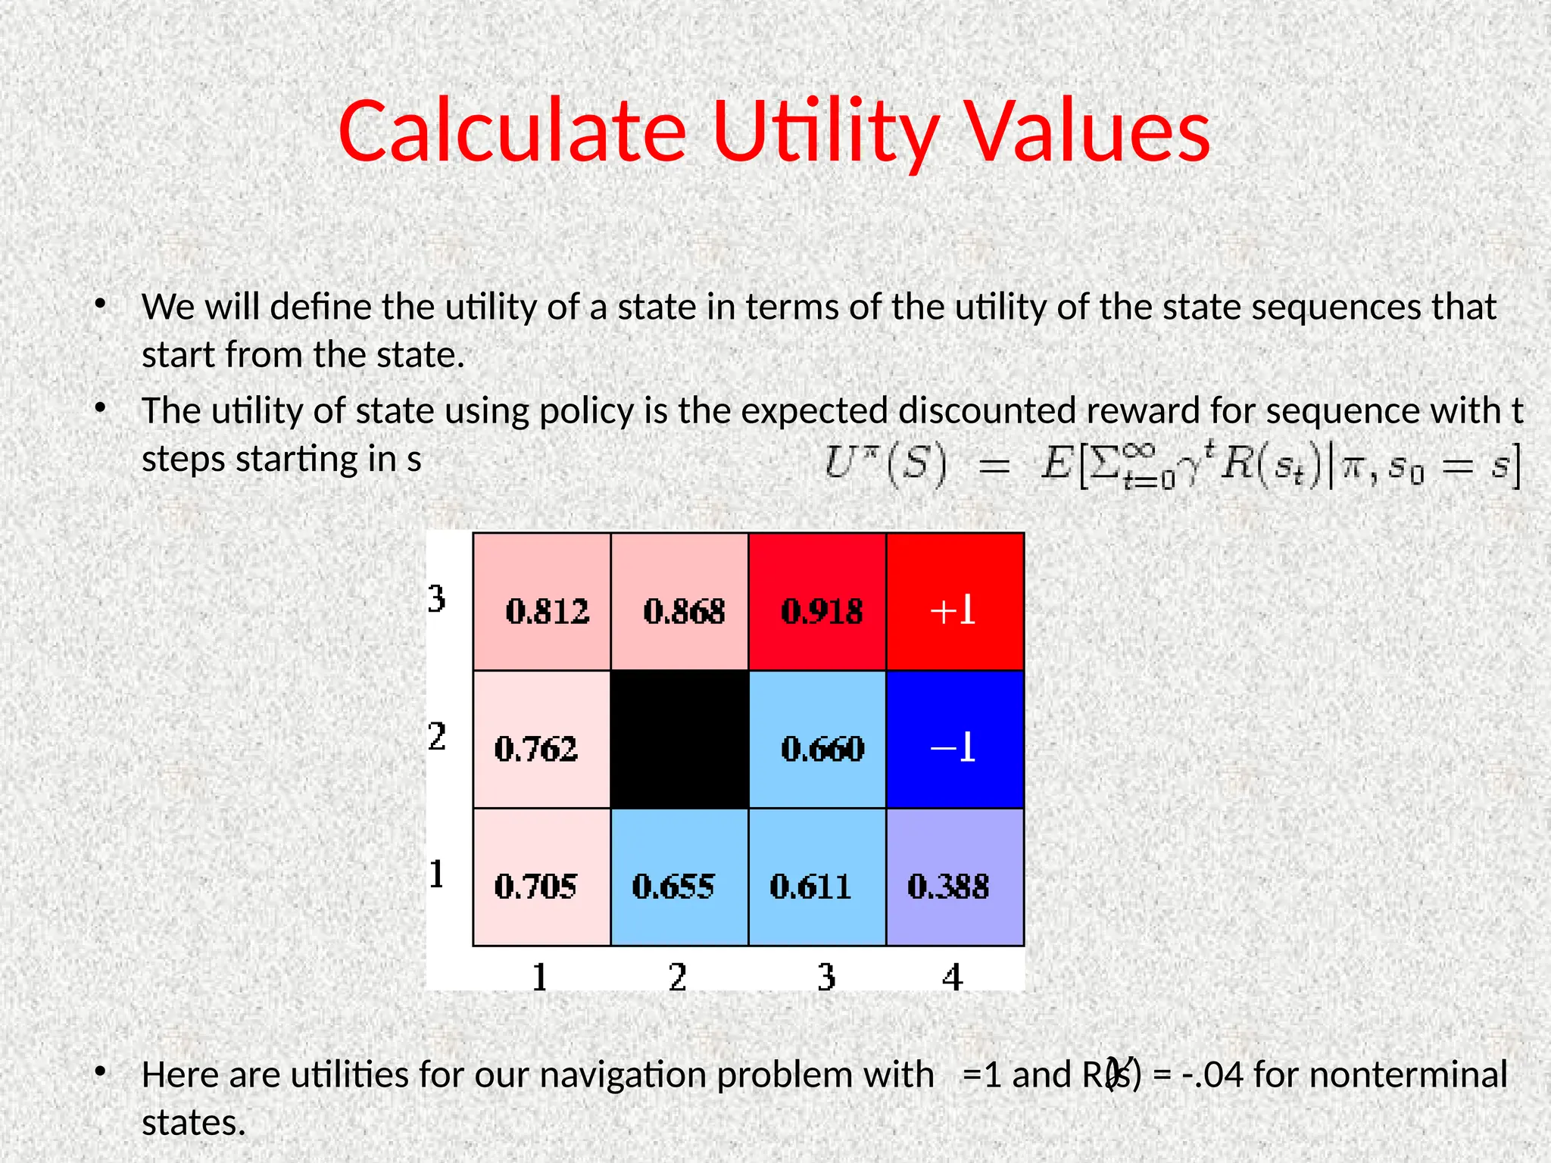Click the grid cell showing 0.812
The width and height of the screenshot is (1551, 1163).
click(542, 603)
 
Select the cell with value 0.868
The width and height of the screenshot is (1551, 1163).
click(680, 603)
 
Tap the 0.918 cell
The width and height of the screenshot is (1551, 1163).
click(818, 603)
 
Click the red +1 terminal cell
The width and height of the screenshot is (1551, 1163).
click(955, 603)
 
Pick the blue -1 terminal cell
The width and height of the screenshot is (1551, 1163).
click(955, 741)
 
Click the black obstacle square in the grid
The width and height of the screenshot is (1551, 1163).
click(680, 741)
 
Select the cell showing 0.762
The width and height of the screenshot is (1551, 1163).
click(542, 741)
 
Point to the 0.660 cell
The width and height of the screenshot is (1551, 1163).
click(818, 741)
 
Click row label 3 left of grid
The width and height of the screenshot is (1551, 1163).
click(437, 600)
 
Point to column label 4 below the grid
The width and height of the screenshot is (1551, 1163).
click(953, 977)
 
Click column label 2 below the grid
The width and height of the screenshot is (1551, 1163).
click(678, 977)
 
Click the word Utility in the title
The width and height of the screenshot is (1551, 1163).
click(825, 133)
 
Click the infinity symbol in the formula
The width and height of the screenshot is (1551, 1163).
click(1138, 452)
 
